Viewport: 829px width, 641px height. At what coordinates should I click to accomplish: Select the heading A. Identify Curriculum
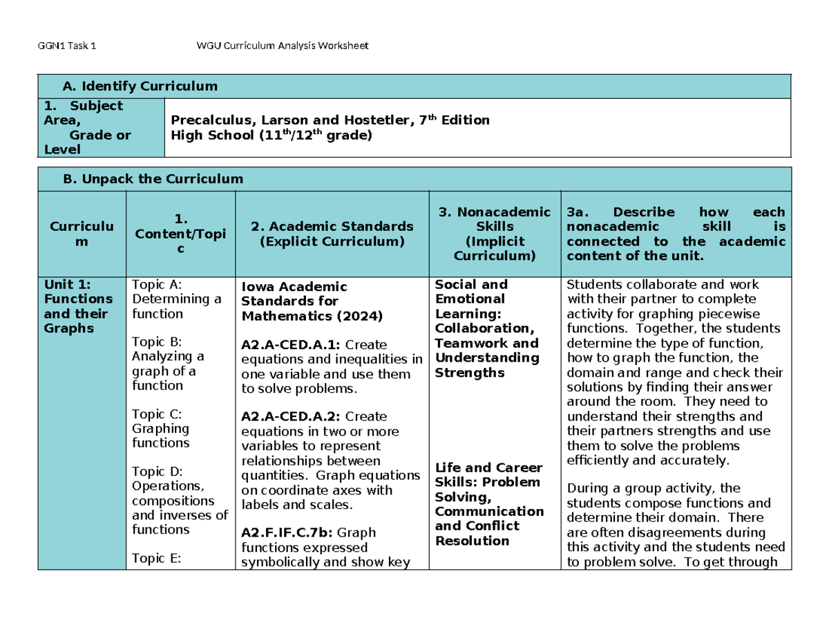point(140,86)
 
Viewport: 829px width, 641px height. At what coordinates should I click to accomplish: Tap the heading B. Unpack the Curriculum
point(153,178)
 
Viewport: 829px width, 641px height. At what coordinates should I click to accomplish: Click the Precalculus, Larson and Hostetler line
point(330,120)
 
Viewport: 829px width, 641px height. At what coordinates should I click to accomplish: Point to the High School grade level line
point(270,136)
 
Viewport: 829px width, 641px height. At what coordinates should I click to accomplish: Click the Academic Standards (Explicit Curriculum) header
point(332,234)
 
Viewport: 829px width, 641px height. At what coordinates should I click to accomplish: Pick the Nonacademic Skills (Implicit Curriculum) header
point(494,234)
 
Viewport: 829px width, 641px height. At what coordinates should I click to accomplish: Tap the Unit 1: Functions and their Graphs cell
point(78,306)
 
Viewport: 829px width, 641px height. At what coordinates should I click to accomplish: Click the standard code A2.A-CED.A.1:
point(285,344)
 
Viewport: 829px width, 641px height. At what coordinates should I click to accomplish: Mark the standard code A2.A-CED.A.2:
point(285,416)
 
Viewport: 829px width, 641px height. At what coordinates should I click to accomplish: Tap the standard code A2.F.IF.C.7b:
point(285,532)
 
